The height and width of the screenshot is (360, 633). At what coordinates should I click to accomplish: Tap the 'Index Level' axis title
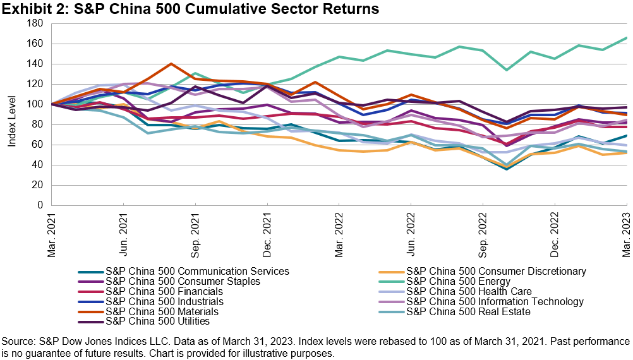click(x=12, y=114)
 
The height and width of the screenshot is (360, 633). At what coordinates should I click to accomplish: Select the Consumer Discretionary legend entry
click(x=496, y=272)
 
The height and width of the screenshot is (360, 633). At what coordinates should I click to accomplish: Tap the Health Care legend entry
click(x=469, y=292)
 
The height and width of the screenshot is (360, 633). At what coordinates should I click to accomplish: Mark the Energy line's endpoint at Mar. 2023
click(x=627, y=38)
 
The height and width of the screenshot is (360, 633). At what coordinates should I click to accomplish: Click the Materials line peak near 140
click(x=171, y=64)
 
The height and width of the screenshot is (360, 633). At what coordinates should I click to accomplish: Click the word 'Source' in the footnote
click(x=18, y=342)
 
